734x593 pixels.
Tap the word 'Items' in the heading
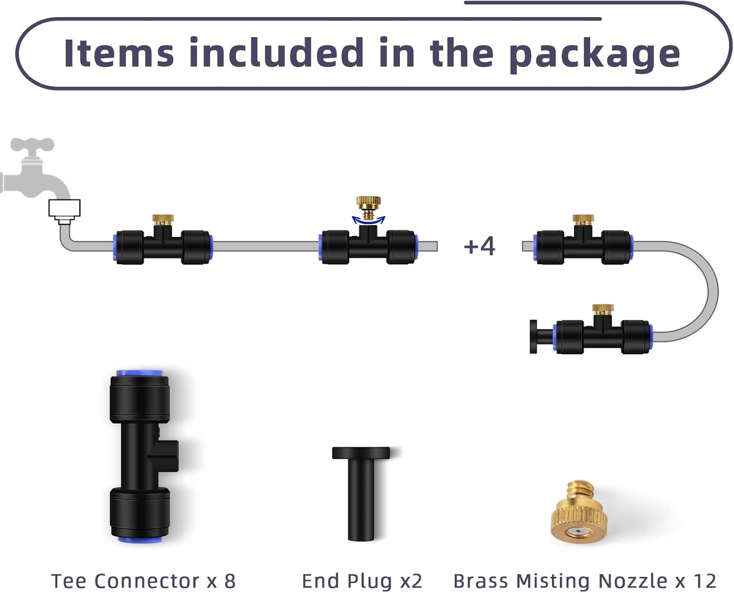tap(119, 53)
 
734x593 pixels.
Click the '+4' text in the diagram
tap(479, 246)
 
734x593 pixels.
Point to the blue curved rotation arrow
tap(368, 220)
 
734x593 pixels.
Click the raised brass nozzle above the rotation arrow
tap(368, 204)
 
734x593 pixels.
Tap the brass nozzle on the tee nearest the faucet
tap(162, 219)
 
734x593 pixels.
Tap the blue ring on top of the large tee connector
tap(140, 374)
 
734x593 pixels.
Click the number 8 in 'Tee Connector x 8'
tap(230, 581)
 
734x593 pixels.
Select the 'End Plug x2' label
tap(362, 581)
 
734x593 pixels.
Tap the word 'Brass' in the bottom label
tap(481, 581)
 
